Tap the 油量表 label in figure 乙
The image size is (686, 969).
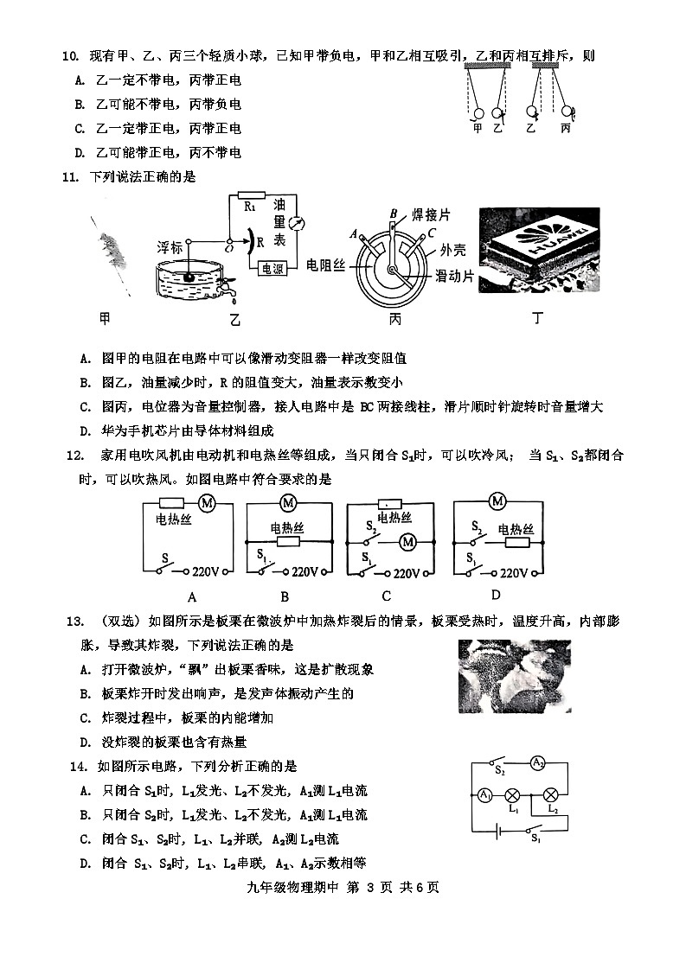279,223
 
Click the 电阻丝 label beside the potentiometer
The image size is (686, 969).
326,265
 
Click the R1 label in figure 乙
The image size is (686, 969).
250,207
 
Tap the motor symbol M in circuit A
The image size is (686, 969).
207,502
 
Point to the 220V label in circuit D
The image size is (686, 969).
514,572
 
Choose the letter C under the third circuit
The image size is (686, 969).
386,596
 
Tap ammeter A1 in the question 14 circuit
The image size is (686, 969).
485,794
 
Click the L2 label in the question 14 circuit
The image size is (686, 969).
553,810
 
